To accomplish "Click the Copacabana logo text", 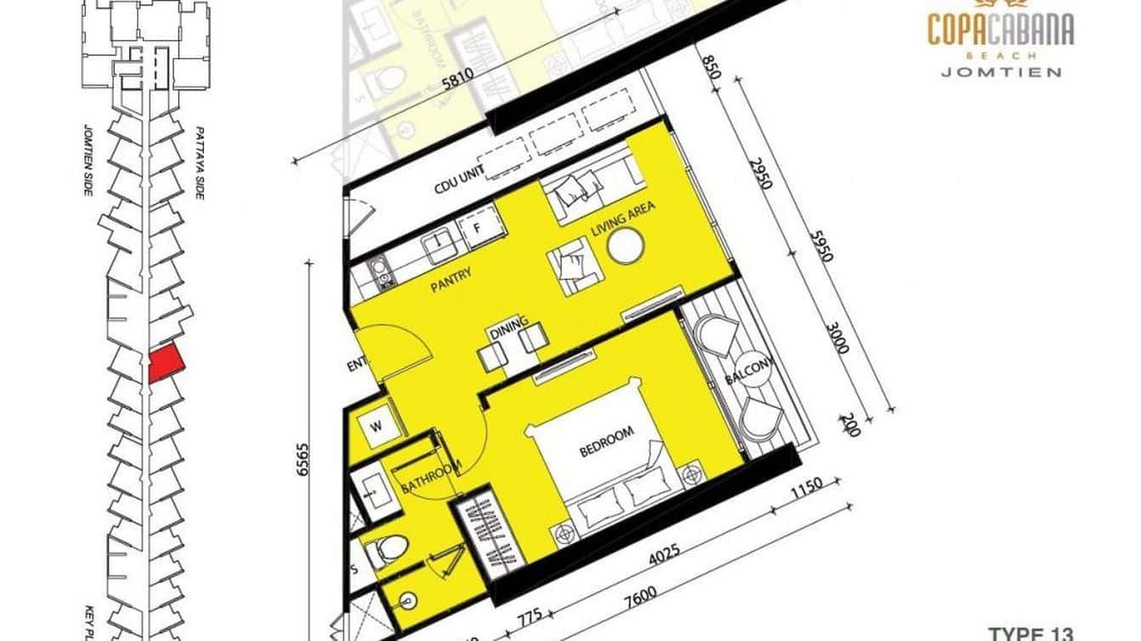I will (x=1001, y=30).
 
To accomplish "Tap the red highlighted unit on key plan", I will (x=166, y=363).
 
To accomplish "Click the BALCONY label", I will (x=750, y=372).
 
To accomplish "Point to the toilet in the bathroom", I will (x=389, y=549).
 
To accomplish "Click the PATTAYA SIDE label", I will (x=201, y=163).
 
